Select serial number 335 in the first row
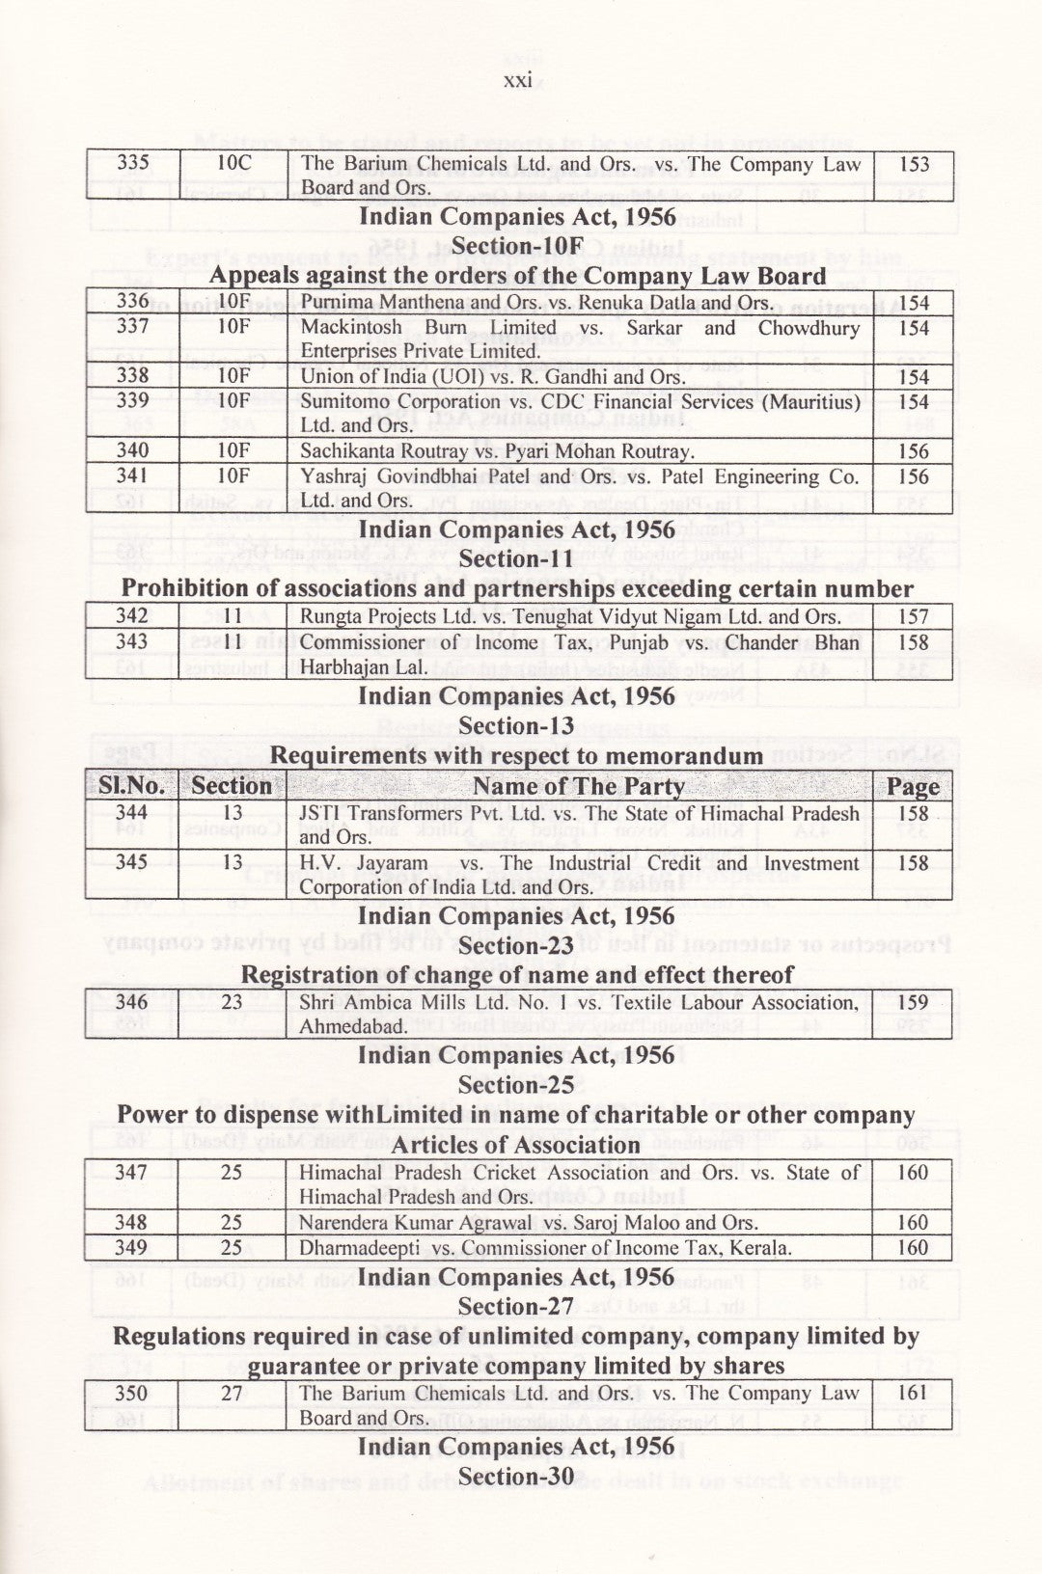[x=132, y=164]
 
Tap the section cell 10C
[x=233, y=164]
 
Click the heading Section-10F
[x=518, y=247]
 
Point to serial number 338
[x=132, y=376]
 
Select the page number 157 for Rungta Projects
[x=913, y=616]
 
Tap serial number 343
[x=132, y=642]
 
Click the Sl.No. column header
[x=132, y=787]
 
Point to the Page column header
[x=913, y=787]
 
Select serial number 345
[x=132, y=863]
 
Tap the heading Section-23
[x=518, y=946]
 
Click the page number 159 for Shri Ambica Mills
[x=913, y=1003]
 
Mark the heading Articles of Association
[x=518, y=1145]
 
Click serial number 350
[x=132, y=1394]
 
